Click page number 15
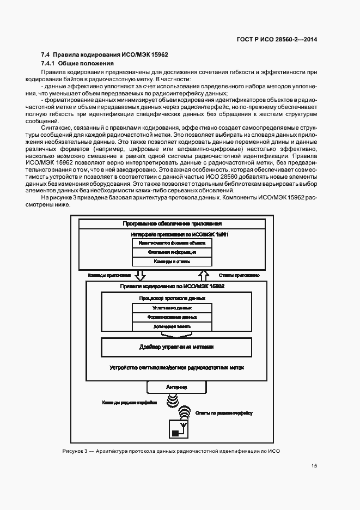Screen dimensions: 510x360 pos(314,466)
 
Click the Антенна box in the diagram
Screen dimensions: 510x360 pos(176,387)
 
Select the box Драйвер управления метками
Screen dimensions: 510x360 pos(176,347)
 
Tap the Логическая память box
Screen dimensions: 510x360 pos(172,326)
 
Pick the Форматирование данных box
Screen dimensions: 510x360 pos(172,317)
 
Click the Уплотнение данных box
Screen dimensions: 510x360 pos(172,307)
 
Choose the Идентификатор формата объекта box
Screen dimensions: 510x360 pos(172,243)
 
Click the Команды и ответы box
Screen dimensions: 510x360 pos(172,262)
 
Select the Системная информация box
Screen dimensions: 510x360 pos(172,252)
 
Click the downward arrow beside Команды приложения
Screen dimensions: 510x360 pos(139,275)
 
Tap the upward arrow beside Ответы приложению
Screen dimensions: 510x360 pos(204,275)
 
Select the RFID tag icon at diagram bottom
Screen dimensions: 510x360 pos(179,429)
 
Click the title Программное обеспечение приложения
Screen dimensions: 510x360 pos(172,223)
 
